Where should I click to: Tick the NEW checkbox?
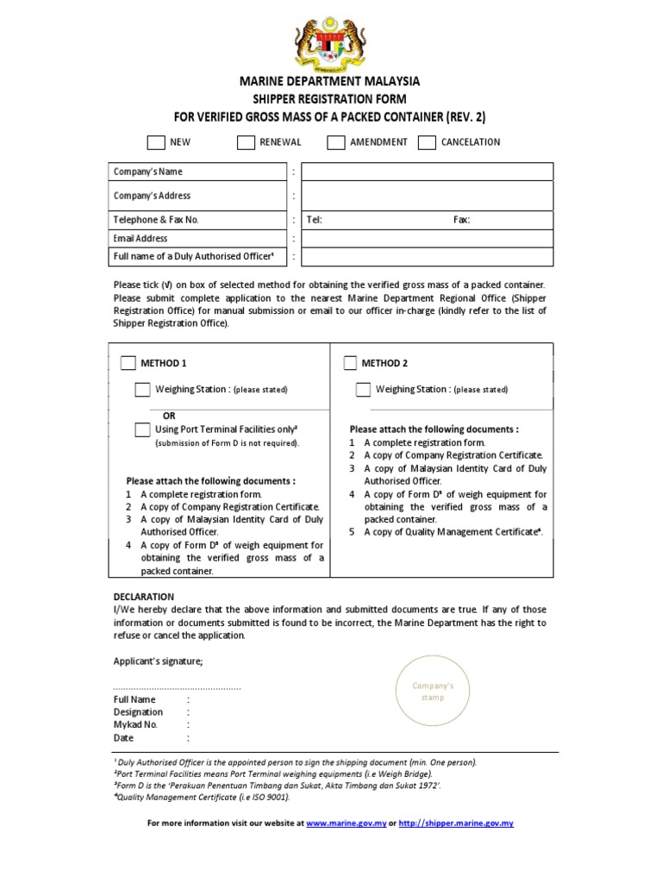point(155,142)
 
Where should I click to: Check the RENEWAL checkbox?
point(246,142)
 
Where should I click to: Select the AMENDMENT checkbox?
point(336,142)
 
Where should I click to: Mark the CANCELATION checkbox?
point(427,142)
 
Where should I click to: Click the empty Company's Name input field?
point(427,172)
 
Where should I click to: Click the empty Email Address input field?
point(427,238)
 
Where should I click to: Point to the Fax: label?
point(462,220)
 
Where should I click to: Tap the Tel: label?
point(314,220)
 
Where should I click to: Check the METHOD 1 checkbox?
point(128,363)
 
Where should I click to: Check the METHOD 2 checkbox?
point(349,363)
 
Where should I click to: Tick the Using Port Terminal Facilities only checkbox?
point(142,429)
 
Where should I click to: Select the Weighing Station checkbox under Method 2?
point(363,390)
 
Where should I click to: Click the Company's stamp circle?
point(433,692)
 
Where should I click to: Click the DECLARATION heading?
point(144,597)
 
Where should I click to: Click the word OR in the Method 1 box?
point(169,416)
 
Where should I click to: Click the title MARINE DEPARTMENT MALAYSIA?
point(330,81)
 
